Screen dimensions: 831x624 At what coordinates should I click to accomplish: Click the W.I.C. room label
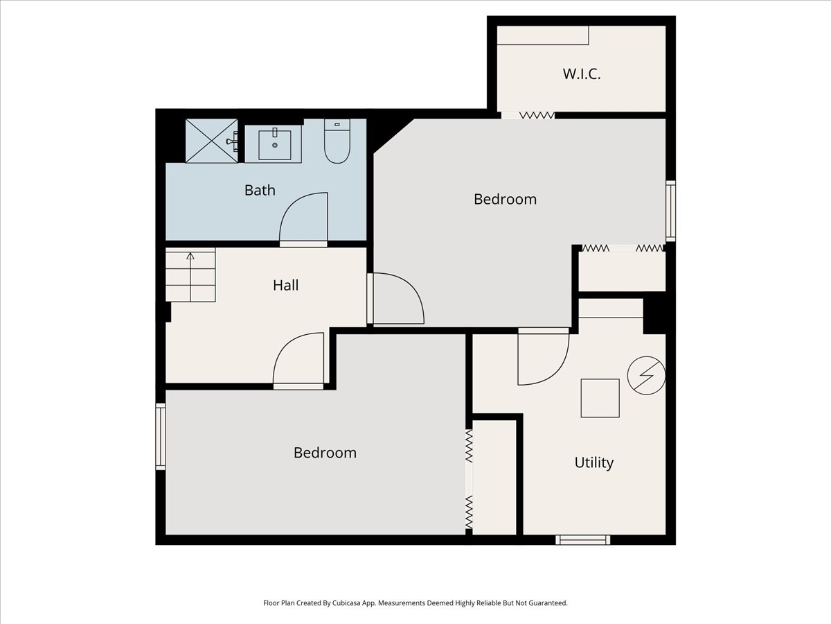pyautogui.click(x=582, y=74)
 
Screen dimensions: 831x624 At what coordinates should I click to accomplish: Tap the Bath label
pyautogui.click(x=260, y=190)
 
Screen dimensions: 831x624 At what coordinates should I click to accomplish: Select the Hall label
pyautogui.click(x=285, y=285)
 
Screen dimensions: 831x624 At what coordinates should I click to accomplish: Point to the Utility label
pyautogui.click(x=594, y=462)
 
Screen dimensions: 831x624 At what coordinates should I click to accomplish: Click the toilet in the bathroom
pyautogui.click(x=337, y=141)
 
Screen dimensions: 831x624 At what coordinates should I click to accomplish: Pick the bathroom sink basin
pyautogui.click(x=275, y=145)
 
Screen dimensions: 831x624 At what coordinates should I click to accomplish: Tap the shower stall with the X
pyautogui.click(x=212, y=141)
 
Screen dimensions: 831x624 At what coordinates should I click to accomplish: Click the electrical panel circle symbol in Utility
pyautogui.click(x=646, y=376)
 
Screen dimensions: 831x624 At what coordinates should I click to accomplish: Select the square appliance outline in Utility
pyautogui.click(x=600, y=398)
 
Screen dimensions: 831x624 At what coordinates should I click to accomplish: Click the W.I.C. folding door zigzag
pyautogui.click(x=537, y=115)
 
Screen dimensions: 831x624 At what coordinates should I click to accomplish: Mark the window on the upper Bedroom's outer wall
pyautogui.click(x=670, y=211)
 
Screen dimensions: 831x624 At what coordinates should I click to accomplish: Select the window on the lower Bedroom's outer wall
pyautogui.click(x=161, y=437)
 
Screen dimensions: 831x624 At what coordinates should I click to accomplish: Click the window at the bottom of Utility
pyautogui.click(x=582, y=540)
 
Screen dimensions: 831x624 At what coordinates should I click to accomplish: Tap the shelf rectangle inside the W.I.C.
pyautogui.click(x=543, y=35)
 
